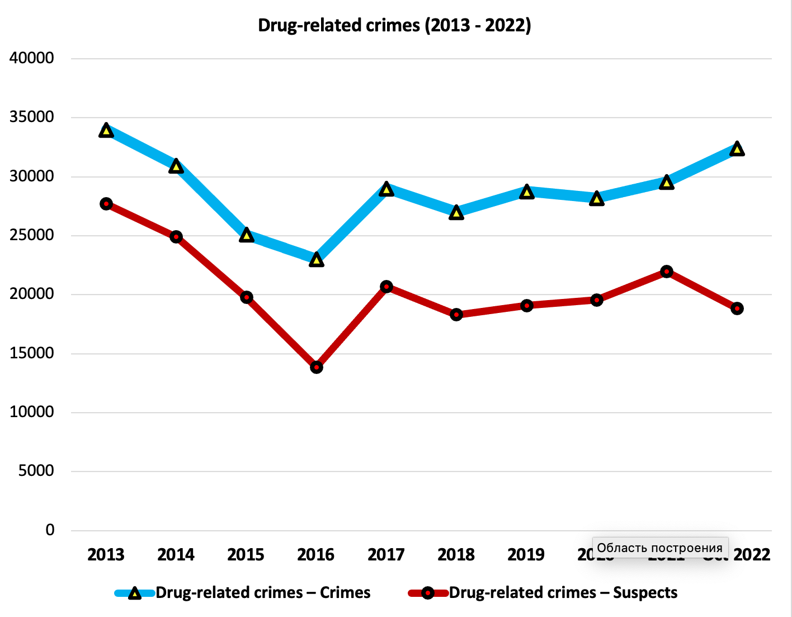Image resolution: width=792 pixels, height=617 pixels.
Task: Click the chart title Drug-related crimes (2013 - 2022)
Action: pos(394,26)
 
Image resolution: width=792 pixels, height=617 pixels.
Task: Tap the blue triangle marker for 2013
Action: pos(106,130)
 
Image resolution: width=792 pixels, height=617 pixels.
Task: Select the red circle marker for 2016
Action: pos(317,367)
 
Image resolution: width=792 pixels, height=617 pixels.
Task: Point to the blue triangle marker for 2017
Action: pos(386,189)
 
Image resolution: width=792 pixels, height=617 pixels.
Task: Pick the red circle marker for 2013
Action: pos(106,204)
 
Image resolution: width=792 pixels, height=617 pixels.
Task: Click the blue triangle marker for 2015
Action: pos(247,235)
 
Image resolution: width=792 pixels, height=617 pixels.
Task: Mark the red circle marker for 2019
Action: pos(527,306)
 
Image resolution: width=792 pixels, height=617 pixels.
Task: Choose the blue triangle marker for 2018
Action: pos(456,213)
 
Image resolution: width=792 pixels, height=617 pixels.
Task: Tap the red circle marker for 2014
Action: pos(176,237)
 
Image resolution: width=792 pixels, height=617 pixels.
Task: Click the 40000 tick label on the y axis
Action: pos(32,58)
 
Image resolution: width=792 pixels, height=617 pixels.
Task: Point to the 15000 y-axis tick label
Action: pos(32,353)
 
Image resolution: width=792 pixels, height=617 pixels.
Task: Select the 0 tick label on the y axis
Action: pos(50,530)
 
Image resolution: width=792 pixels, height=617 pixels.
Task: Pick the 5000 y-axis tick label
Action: pos(36,471)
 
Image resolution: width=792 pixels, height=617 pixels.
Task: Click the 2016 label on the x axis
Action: pos(316,555)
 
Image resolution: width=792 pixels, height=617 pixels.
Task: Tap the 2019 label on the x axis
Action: pos(526,555)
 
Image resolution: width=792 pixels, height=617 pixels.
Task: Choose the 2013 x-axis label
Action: pos(106,555)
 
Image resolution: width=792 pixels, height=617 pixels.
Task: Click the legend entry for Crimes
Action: pos(263,593)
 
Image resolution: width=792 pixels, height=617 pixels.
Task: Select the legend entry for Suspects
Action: pos(563,593)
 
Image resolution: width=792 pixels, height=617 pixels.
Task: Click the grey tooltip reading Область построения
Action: pos(660,548)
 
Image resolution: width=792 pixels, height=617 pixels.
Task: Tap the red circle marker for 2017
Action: pos(386,287)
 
